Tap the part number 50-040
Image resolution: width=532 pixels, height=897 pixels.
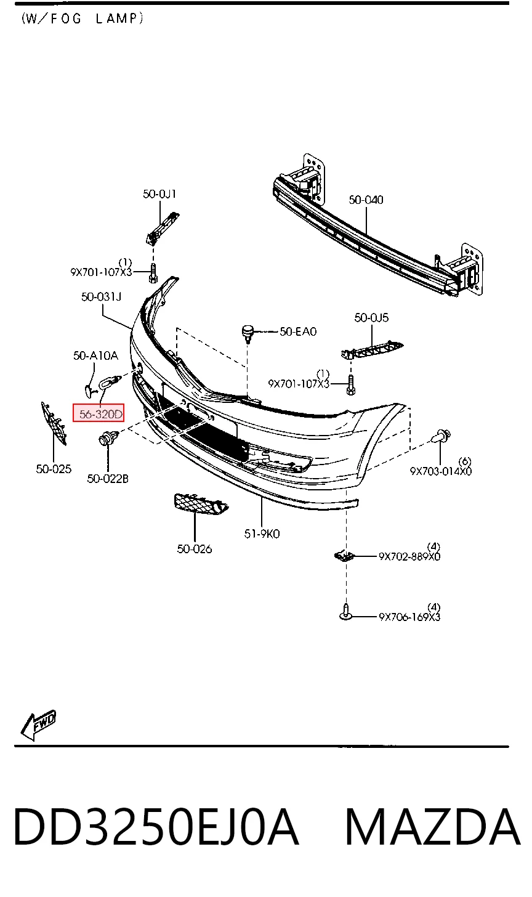pos(366,200)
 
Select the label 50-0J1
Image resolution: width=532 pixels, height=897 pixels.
pos(159,194)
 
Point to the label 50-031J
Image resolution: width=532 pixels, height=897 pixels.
pos(101,297)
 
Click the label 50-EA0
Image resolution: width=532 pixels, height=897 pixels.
pos(298,331)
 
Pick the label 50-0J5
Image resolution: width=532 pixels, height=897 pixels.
pos(371,317)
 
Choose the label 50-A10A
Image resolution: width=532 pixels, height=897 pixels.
pos(95,355)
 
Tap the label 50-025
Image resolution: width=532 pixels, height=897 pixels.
pos(54,469)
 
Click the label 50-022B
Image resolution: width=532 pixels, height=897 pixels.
pos(108,478)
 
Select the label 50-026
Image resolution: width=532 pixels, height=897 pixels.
pos(195,548)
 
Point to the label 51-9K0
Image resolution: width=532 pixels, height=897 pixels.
pos(262,534)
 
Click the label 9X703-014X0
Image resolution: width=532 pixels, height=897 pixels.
pos(441,471)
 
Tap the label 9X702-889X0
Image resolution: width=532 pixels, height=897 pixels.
pos(409,557)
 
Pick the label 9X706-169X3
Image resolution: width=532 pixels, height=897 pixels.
pos(409,617)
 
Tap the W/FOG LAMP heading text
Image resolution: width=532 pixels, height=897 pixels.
pos(83,19)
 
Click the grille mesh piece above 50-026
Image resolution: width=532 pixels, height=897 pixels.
pos(201,504)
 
